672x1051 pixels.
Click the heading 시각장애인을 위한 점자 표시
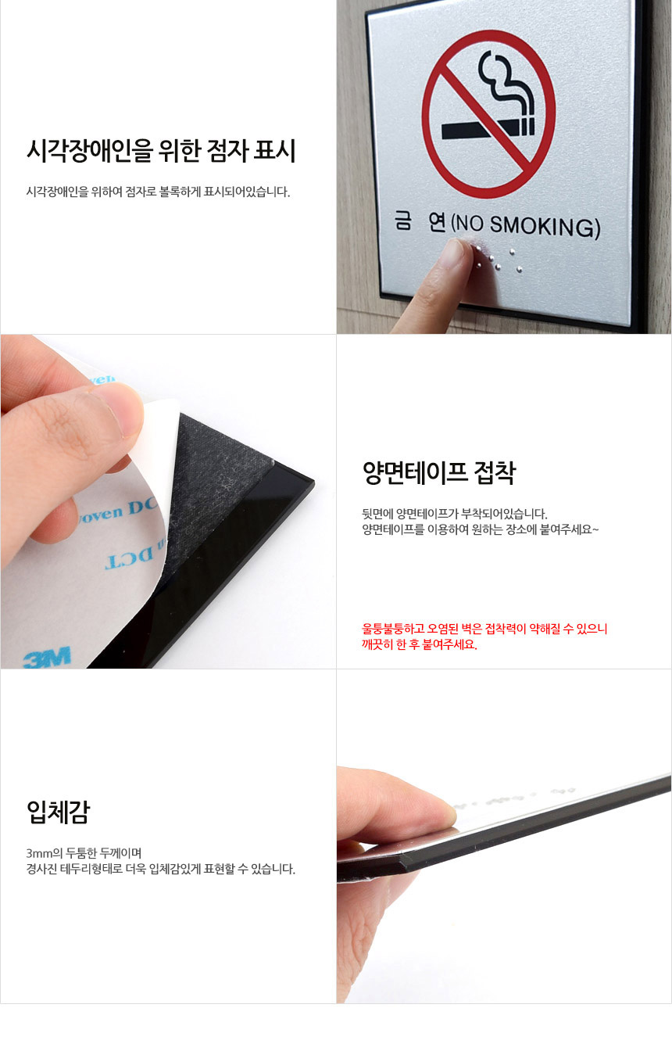coord(161,151)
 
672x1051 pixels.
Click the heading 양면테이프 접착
coord(439,472)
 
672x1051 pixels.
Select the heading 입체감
coord(58,812)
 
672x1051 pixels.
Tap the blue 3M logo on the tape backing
coord(48,656)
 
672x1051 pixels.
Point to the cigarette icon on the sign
coord(488,127)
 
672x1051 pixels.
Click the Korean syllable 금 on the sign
coord(403,221)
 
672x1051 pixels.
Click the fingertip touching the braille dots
coord(453,253)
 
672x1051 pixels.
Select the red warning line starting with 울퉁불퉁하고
coord(485,628)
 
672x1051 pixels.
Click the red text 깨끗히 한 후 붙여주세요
coord(420,644)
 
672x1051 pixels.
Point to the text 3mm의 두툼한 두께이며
coord(84,852)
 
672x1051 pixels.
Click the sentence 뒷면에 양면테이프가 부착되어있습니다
coord(455,513)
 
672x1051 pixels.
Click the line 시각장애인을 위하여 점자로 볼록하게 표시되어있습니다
coord(158,192)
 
